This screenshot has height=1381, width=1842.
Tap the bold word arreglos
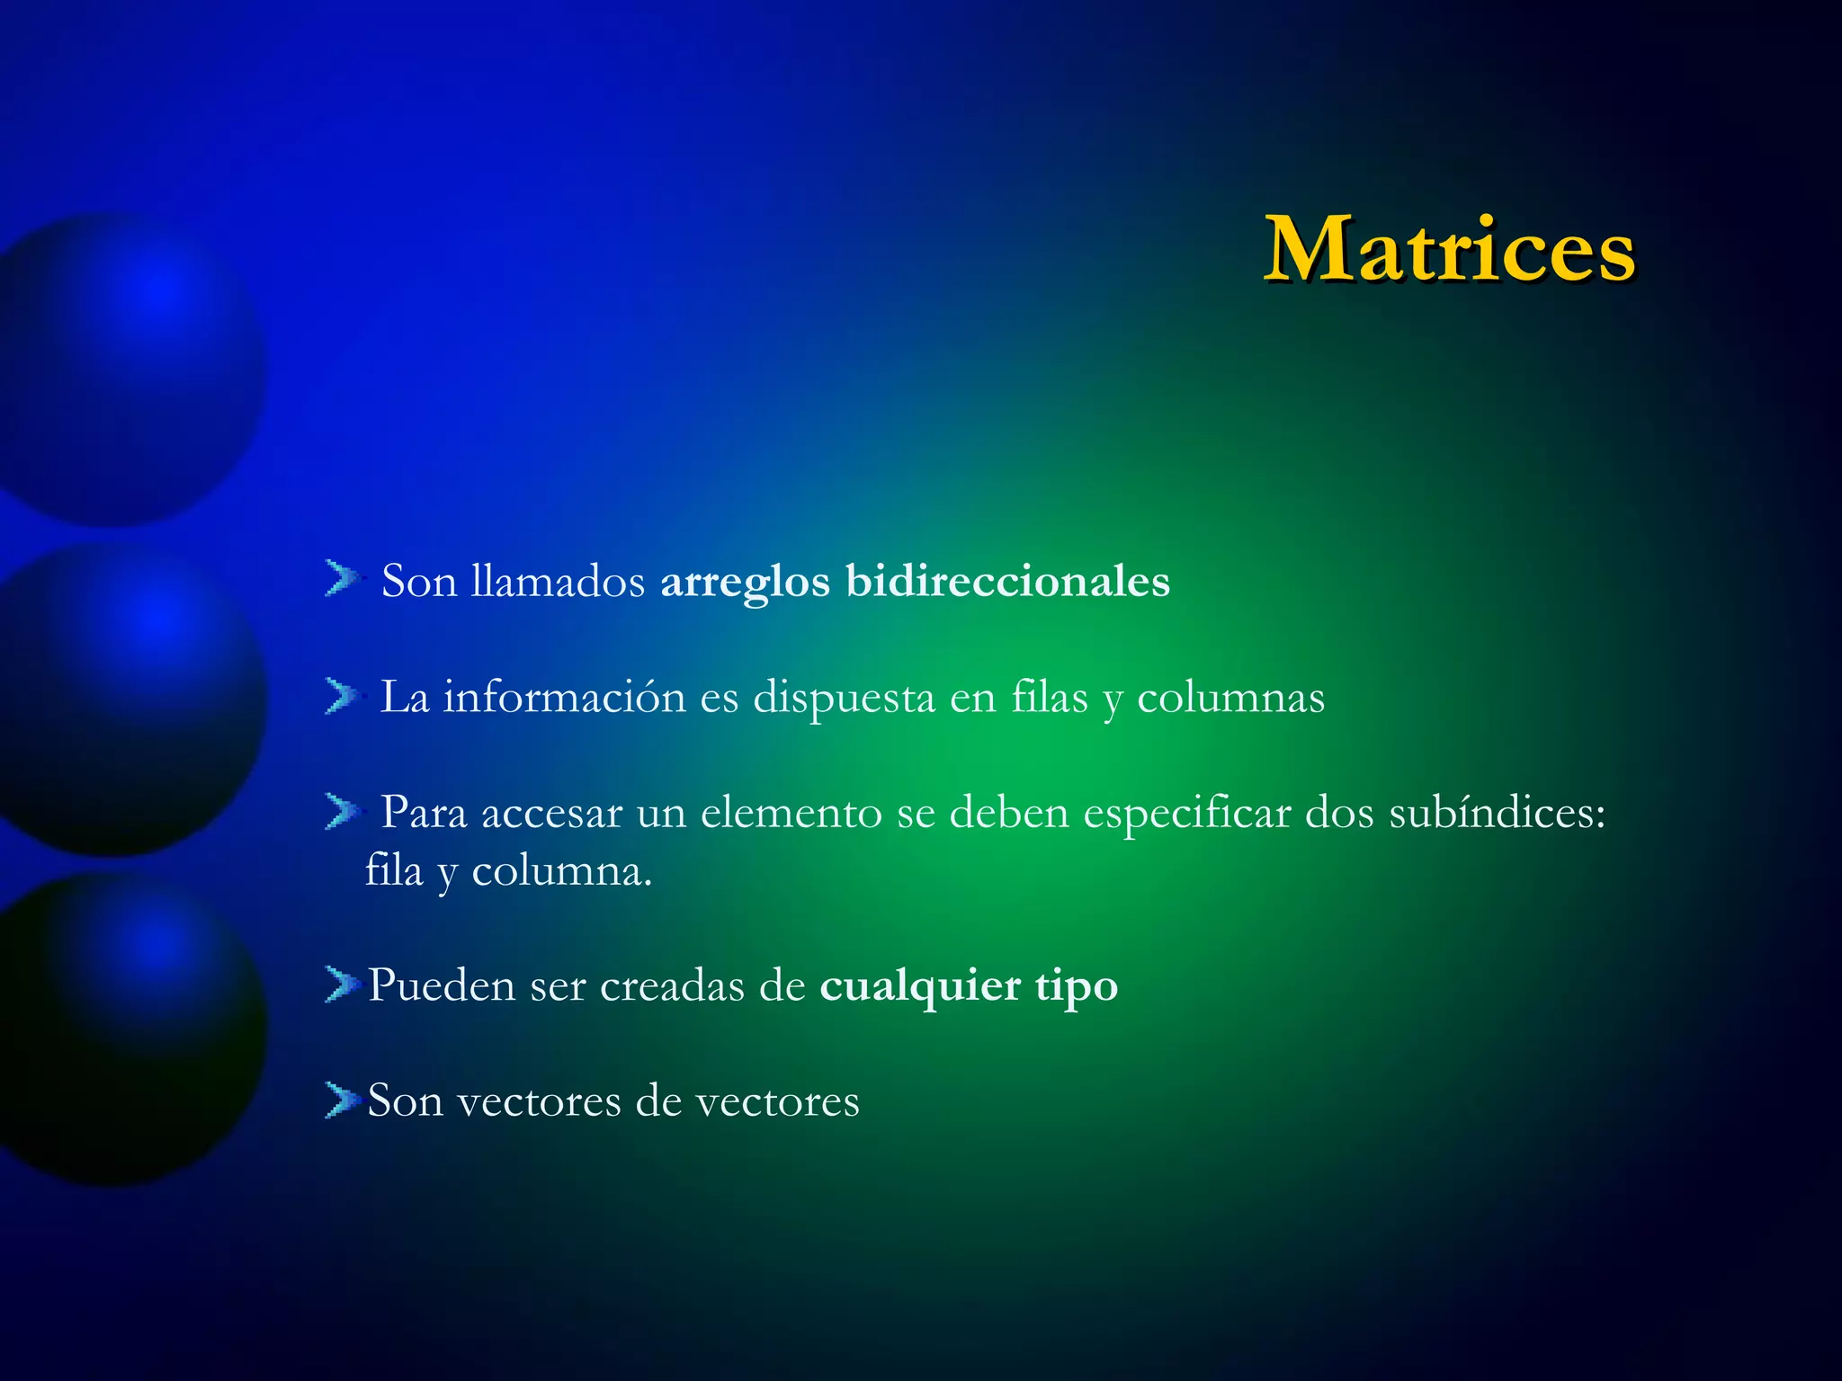pos(745,583)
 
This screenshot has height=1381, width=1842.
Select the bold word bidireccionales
pos(1007,581)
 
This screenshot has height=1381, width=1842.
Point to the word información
pos(564,697)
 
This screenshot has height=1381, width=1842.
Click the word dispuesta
pos(844,699)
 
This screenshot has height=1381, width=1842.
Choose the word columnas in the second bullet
pos(1230,698)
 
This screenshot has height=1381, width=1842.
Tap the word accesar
pos(551,813)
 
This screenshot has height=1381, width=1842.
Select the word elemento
pos(791,813)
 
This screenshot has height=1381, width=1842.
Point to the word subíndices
pos(1497,813)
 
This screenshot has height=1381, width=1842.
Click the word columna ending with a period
pos(561,870)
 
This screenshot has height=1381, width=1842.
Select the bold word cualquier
pos(920,987)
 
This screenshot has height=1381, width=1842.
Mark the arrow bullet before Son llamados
pos(341,578)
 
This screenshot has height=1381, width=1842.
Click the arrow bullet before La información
pos(341,696)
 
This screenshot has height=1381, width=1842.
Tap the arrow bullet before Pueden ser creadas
pos(341,985)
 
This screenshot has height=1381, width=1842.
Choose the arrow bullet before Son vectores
pos(341,1100)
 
